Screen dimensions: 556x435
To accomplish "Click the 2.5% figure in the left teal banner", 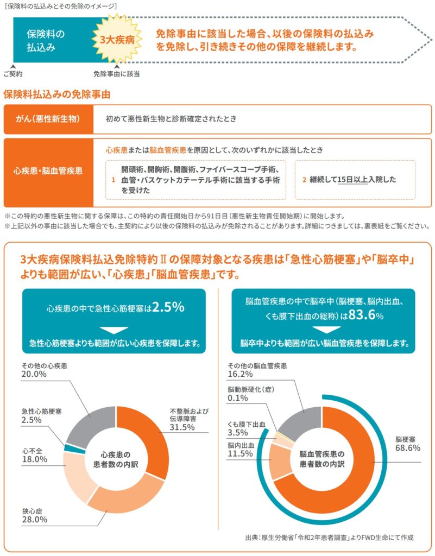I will [x=169, y=307].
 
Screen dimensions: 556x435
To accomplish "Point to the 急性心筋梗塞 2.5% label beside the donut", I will [x=41, y=416].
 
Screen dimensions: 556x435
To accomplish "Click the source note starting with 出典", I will [x=329, y=538].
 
